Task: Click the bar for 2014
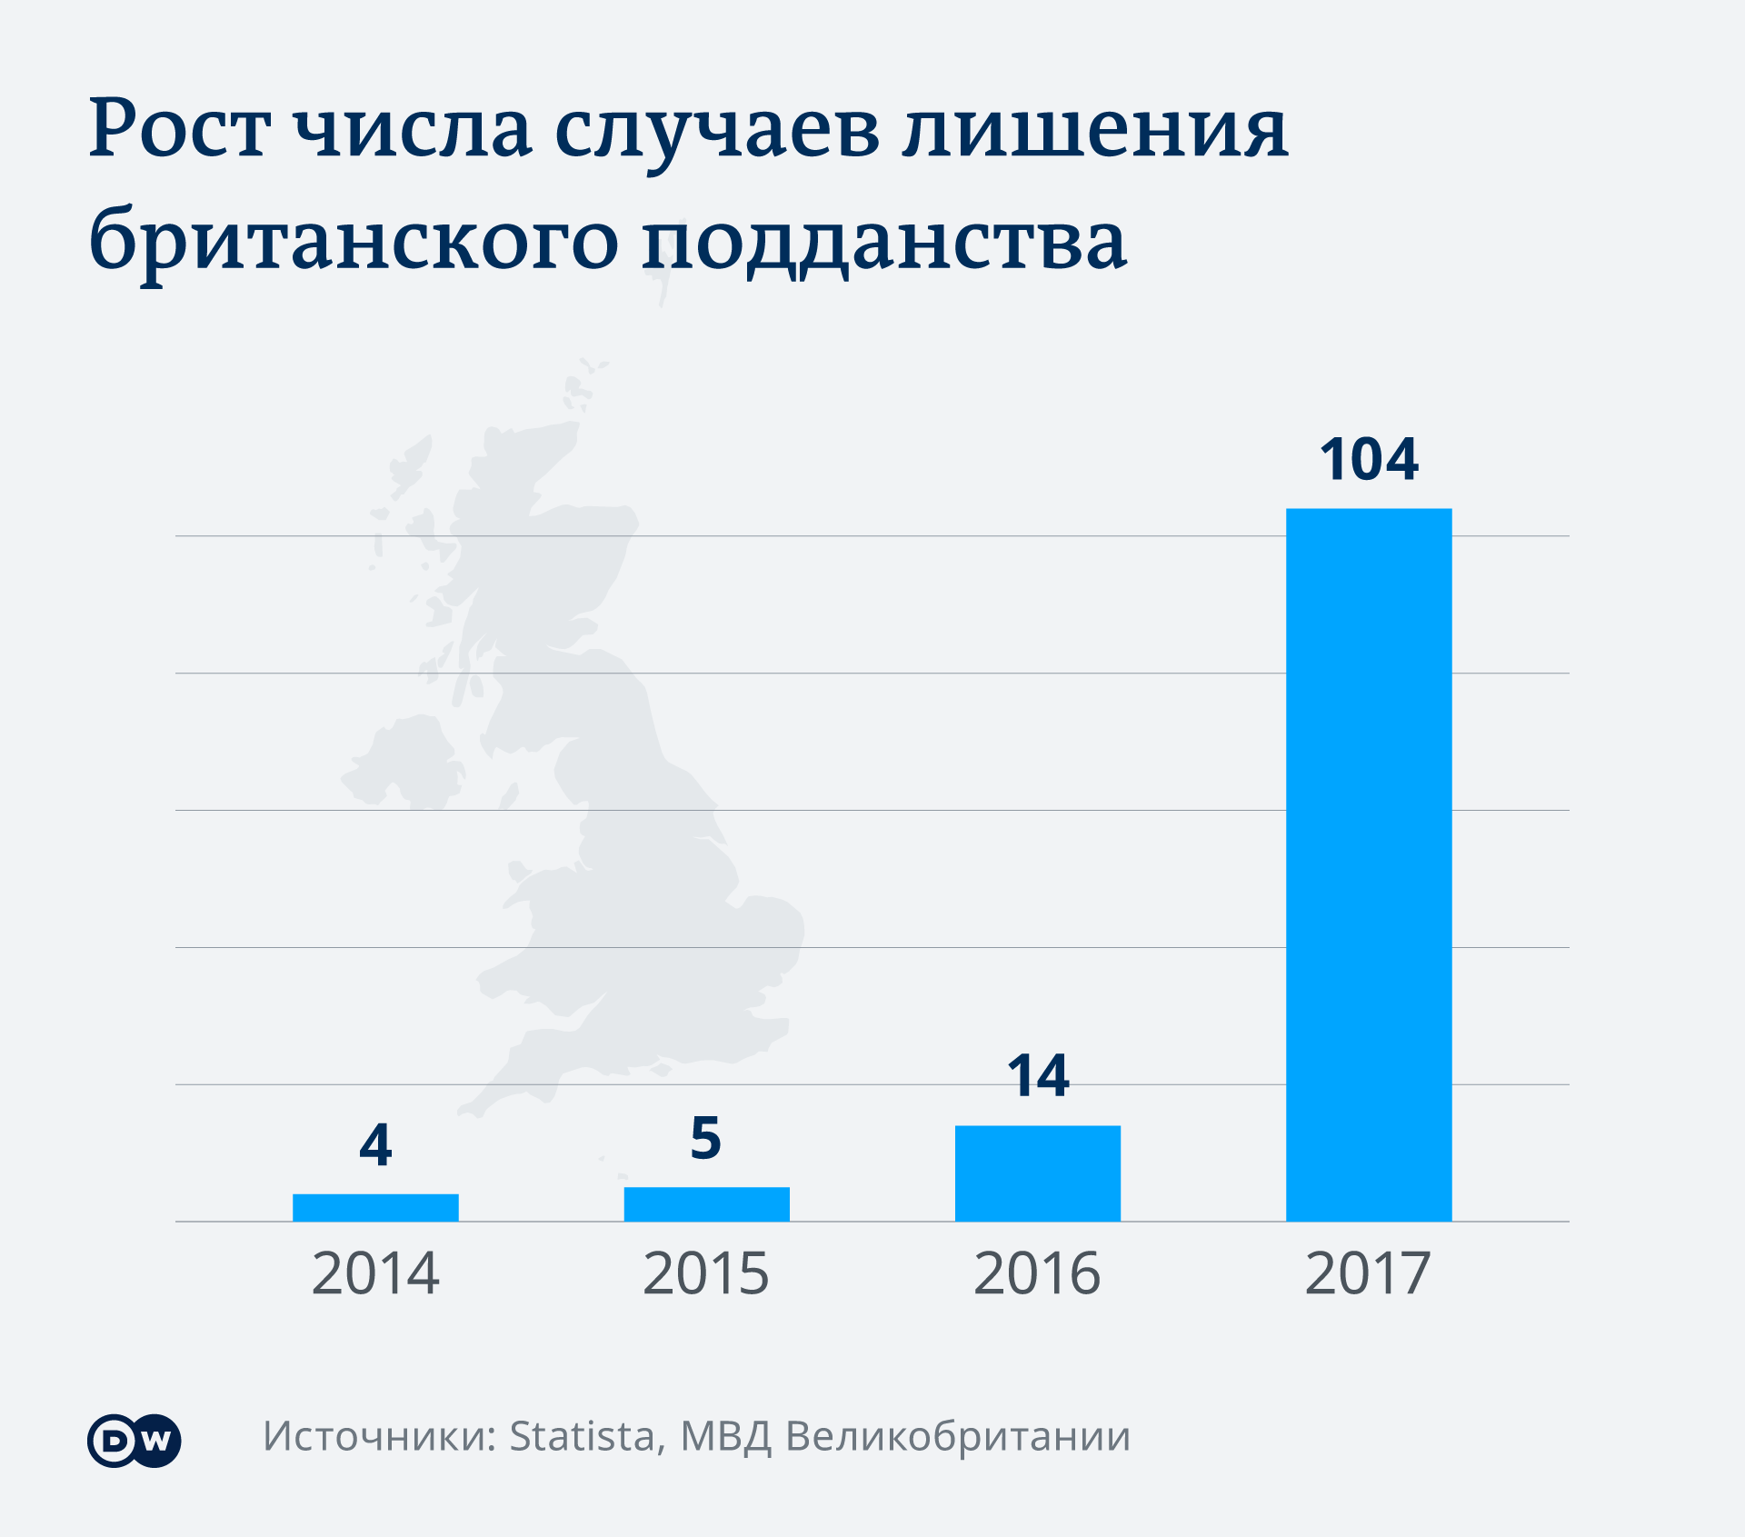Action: [x=375, y=1207]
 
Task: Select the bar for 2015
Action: [x=706, y=1203]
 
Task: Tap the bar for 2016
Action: [x=1037, y=1173]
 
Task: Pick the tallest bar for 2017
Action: [x=1368, y=863]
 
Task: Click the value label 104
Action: [x=1368, y=460]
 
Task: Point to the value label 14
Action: [x=1037, y=1077]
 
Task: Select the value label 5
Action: [x=706, y=1139]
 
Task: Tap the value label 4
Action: [x=375, y=1145]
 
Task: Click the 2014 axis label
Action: [x=375, y=1274]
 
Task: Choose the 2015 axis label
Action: [x=706, y=1274]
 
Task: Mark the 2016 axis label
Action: [x=1037, y=1274]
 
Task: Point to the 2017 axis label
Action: [x=1368, y=1274]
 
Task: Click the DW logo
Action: [x=135, y=1441]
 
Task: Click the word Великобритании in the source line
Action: [x=958, y=1437]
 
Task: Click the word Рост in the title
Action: [x=180, y=130]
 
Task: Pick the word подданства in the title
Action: [x=884, y=244]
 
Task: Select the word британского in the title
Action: [x=354, y=244]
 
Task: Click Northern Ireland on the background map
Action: [x=404, y=764]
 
